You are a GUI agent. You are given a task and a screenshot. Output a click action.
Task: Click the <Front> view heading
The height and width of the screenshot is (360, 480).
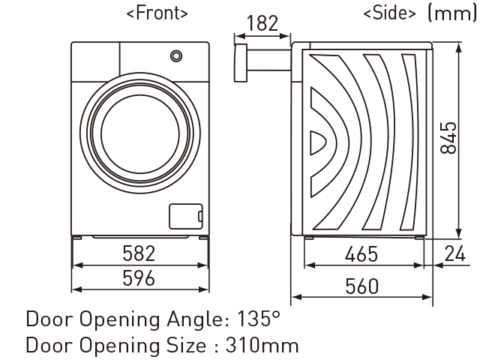point(157,13)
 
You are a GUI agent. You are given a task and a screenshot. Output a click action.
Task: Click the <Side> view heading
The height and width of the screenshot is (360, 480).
point(390,13)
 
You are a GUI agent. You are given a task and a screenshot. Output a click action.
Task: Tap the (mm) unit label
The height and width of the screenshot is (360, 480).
point(451,13)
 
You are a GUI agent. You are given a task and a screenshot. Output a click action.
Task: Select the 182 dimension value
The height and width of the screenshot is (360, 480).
point(262,23)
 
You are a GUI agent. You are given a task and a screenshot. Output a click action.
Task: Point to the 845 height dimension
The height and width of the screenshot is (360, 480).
point(448,138)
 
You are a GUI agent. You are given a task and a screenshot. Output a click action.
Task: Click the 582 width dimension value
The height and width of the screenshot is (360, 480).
point(139,253)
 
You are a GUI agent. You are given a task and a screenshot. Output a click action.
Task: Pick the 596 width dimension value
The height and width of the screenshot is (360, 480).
point(139,278)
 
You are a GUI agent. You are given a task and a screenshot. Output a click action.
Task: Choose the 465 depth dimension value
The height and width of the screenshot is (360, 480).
point(361,254)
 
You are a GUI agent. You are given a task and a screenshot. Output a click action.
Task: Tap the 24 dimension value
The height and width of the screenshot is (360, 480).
point(455,253)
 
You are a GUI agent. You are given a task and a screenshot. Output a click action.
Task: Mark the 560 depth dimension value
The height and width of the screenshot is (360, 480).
point(361,286)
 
